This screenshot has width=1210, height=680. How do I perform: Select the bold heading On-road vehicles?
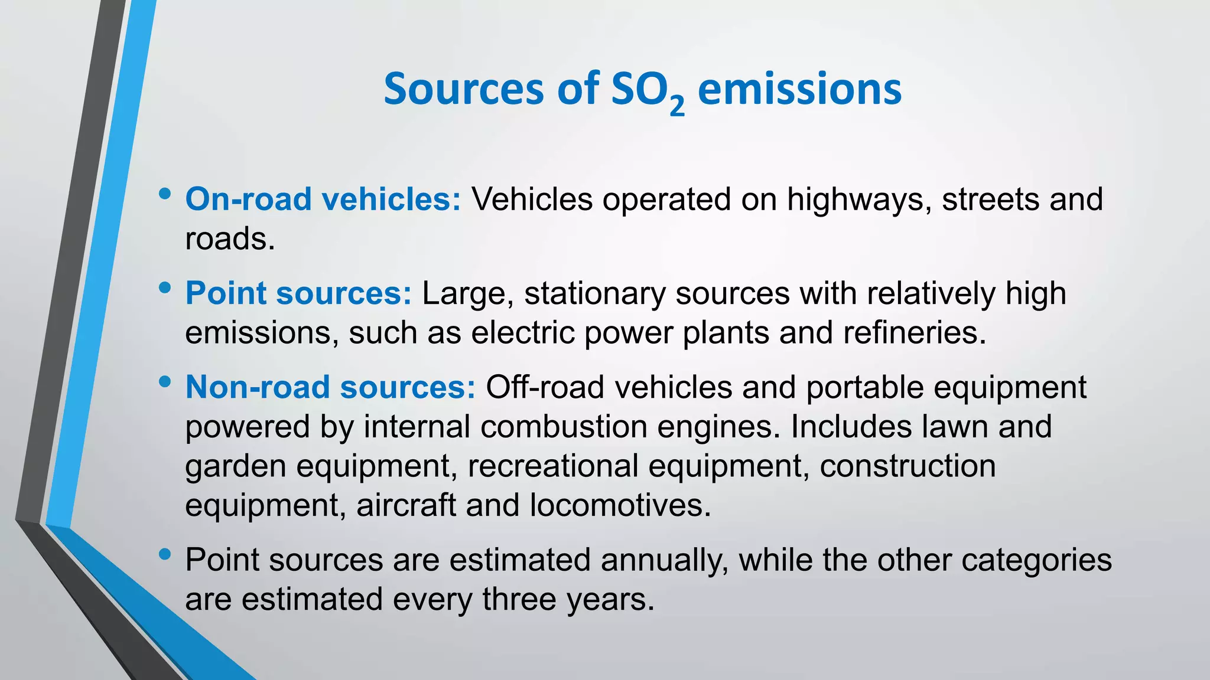click(x=323, y=199)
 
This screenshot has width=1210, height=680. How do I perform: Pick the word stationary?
click(x=594, y=293)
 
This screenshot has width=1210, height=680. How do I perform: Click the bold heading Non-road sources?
click(x=330, y=387)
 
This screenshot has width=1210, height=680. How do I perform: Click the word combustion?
click(x=564, y=426)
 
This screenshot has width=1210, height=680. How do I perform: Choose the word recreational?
click(x=553, y=466)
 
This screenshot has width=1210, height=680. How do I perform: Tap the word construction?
click(x=907, y=466)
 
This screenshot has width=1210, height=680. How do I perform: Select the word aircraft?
click(x=406, y=505)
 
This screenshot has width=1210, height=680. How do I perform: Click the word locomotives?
click(x=620, y=505)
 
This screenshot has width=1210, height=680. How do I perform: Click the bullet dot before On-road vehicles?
click(x=165, y=194)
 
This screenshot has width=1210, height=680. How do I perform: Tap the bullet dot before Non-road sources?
click(x=165, y=382)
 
